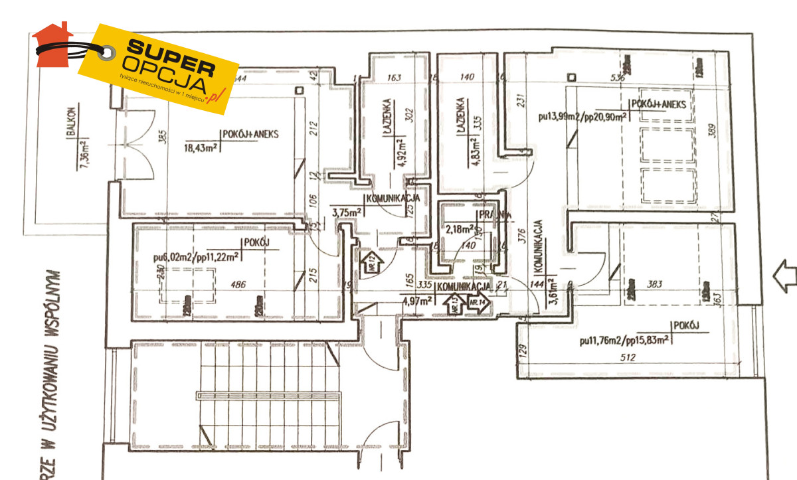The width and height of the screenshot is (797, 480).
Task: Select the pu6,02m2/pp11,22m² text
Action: [x=187, y=254]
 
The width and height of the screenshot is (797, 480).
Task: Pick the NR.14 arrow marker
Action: [x=477, y=304]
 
